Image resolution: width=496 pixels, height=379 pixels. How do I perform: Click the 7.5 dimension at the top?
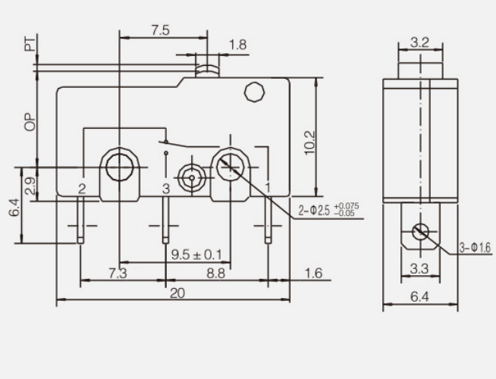[159, 30]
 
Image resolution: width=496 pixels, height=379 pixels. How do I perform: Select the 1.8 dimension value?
[237, 45]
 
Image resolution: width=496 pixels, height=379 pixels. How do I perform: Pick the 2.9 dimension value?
[30, 186]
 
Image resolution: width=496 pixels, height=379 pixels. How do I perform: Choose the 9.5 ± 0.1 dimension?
[196, 254]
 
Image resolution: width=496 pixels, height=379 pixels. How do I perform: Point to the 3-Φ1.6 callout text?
[476, 247]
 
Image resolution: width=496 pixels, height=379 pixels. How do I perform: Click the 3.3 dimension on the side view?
[419, 268]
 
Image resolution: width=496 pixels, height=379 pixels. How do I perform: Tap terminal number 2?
[81, 187]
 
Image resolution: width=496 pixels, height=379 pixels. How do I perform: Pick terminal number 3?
[165, 187]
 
